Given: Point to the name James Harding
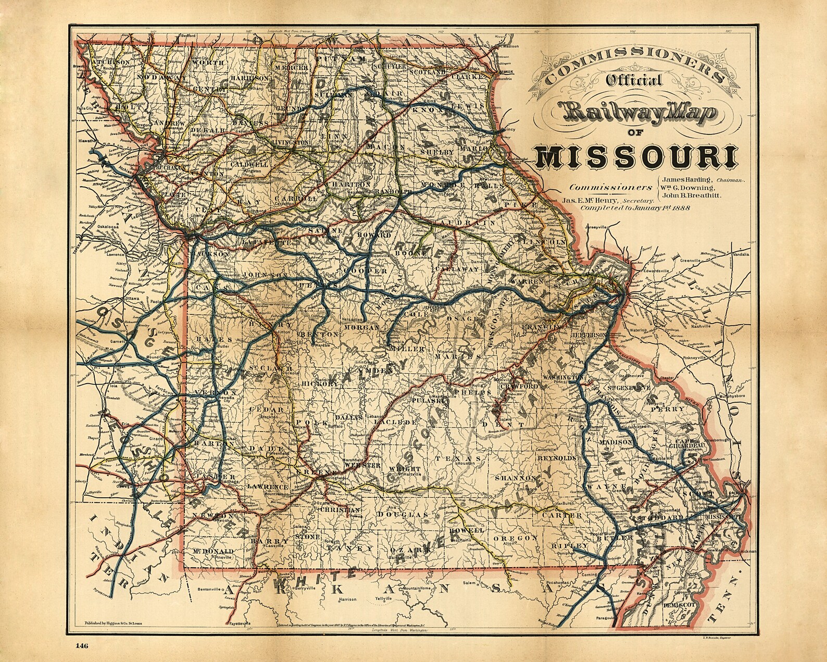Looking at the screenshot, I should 685,179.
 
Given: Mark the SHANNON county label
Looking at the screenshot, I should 517,478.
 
